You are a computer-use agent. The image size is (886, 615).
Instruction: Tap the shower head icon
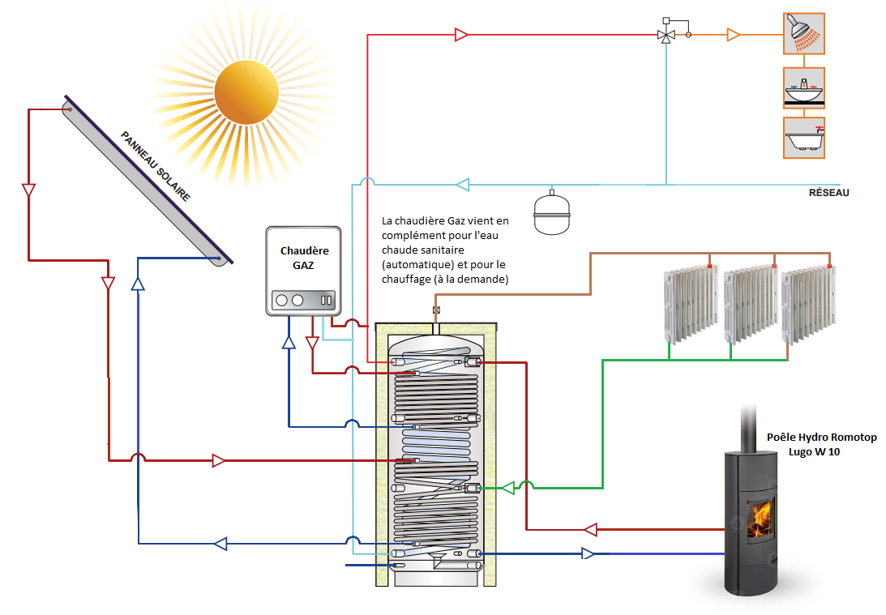point(803,33)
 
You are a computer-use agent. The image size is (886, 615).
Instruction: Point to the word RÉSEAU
point(828,193)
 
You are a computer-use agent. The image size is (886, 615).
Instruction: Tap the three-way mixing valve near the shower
point(667,35)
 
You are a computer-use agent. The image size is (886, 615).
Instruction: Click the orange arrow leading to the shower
point(734,35)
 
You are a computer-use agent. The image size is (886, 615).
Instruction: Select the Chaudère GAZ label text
point(304,258)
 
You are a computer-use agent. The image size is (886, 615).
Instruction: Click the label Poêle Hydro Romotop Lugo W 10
point(820,444)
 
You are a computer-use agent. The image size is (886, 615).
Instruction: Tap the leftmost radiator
point(690,303)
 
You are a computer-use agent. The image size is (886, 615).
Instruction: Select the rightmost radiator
point(807,303)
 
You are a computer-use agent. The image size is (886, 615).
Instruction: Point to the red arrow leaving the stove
point(590,530)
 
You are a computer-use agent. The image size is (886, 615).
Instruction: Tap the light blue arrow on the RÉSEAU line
point(462,185)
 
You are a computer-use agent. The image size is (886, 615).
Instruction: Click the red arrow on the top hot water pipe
point(461,35)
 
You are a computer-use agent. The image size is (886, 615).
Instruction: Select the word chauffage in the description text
point(406,279)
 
